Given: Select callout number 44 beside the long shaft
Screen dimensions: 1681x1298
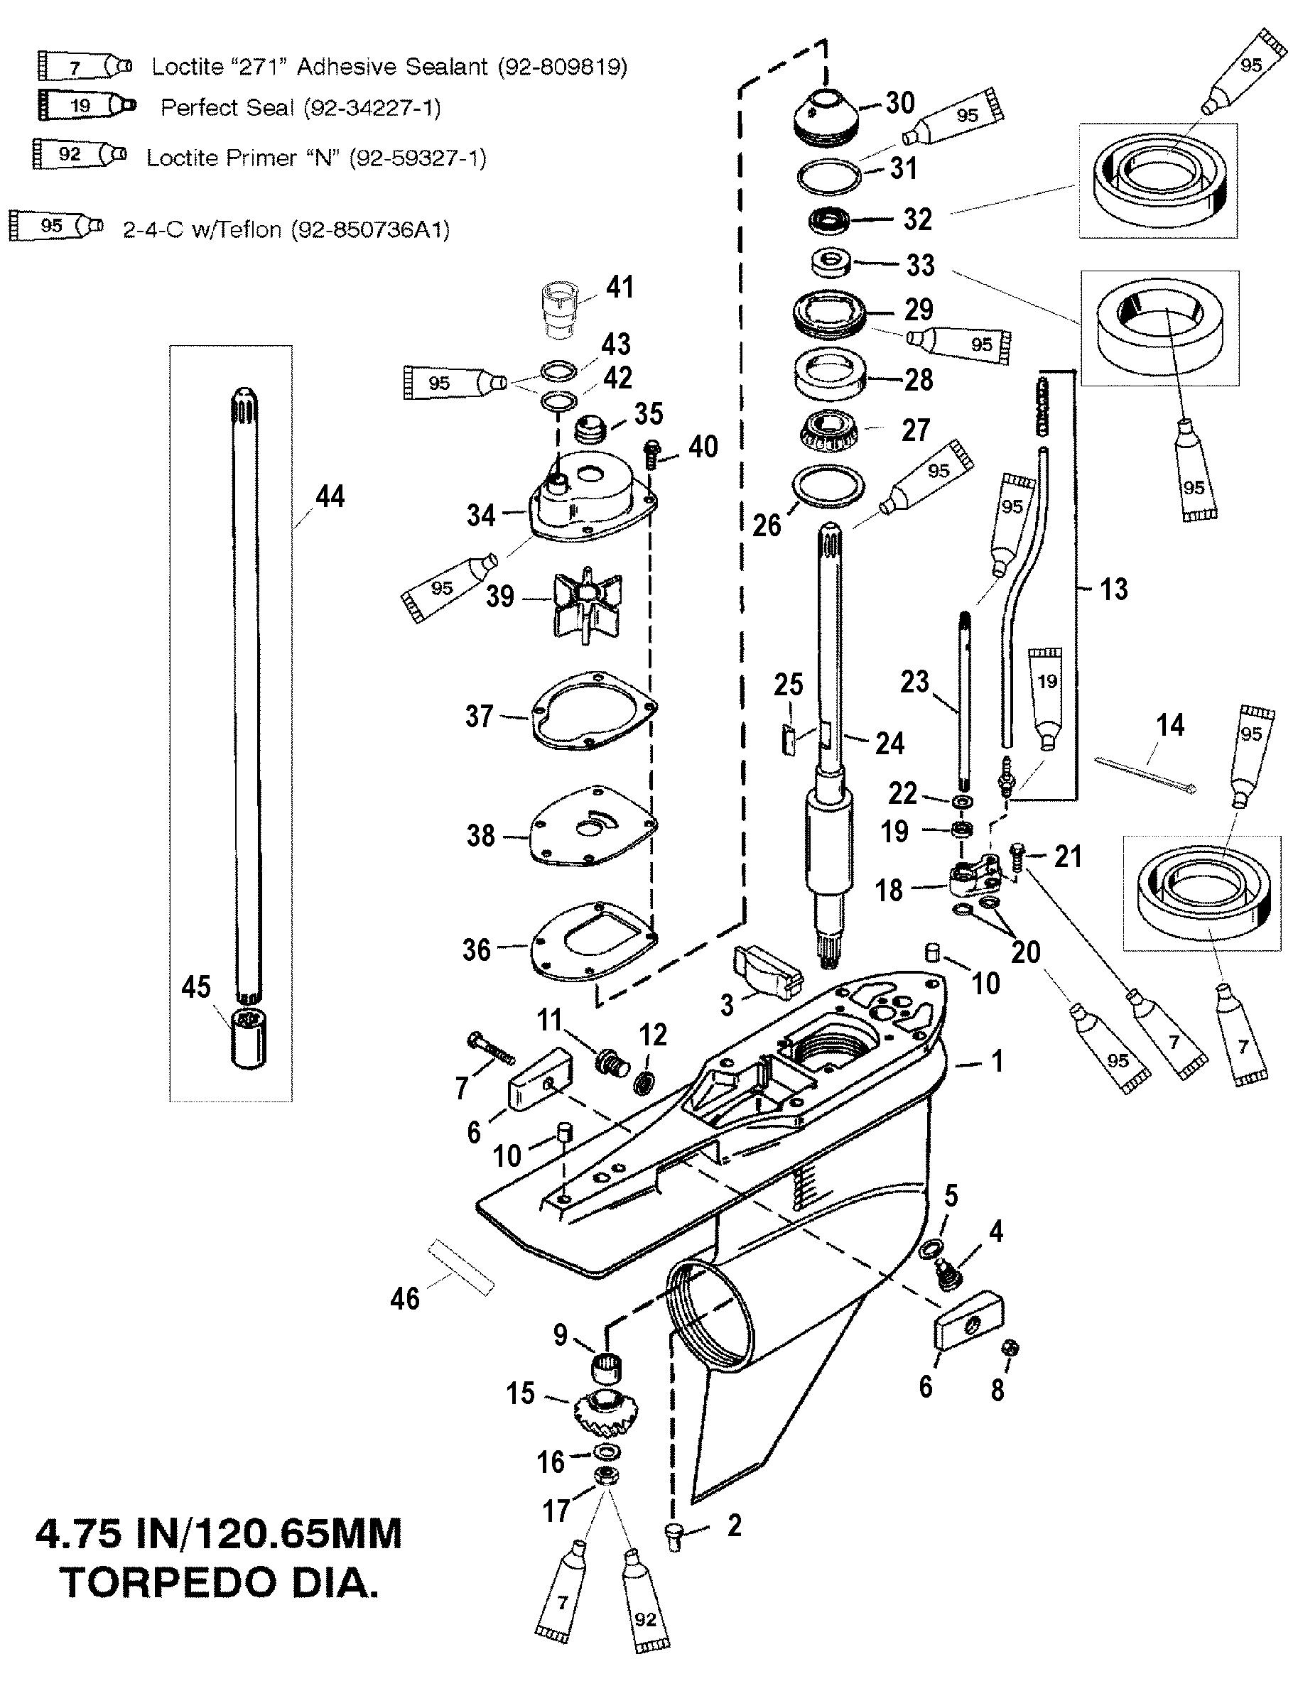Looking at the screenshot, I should pos(330,496).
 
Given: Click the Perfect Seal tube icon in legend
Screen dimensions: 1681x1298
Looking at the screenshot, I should pos(86,105).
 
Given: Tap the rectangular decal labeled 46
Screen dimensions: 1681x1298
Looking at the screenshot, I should pos(460,1267).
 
